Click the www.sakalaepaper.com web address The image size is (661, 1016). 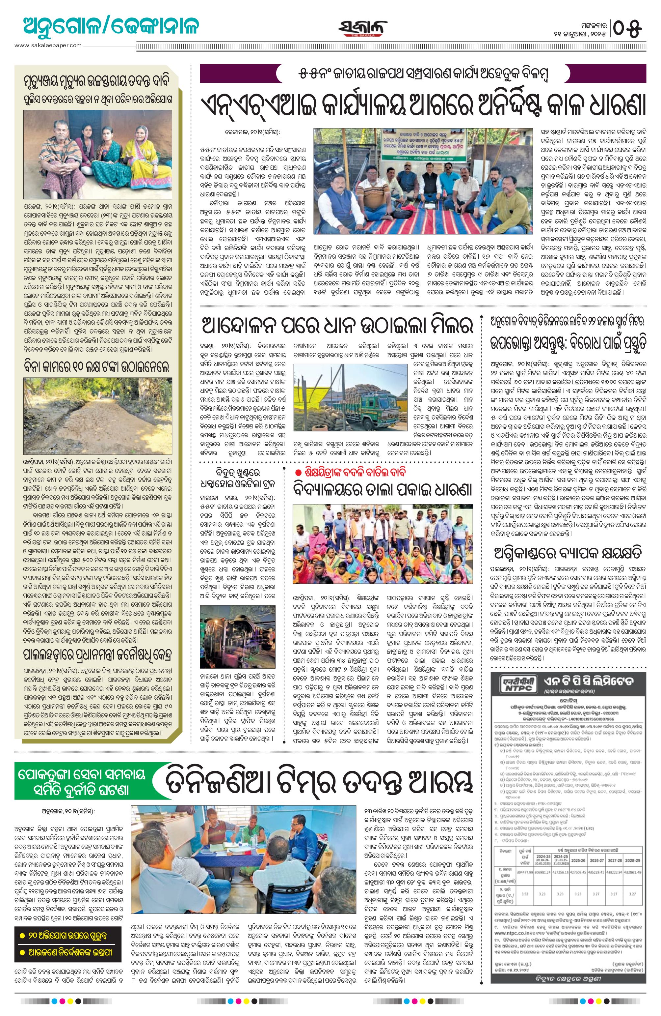(48, 45)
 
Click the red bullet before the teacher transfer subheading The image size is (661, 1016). (297, 472)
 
